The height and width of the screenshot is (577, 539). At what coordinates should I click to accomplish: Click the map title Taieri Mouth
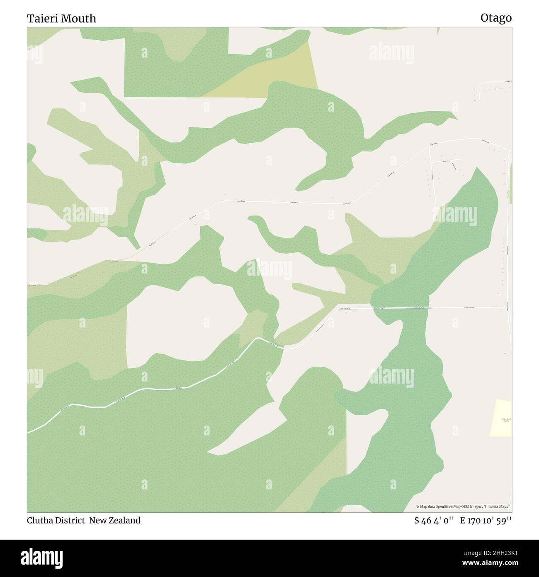pyautogui.click(x=61, y=18)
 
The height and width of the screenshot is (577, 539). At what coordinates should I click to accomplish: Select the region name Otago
pyautogui.click(x=496, y=18)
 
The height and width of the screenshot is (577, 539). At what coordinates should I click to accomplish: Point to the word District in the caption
pyautogui.click(x=70, y=520)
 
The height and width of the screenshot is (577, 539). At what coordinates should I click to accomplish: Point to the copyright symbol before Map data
pyautogui.click(x=418, y=506)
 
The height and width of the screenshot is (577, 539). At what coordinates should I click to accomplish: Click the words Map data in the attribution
pyautogui.click(x=427, y=506)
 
